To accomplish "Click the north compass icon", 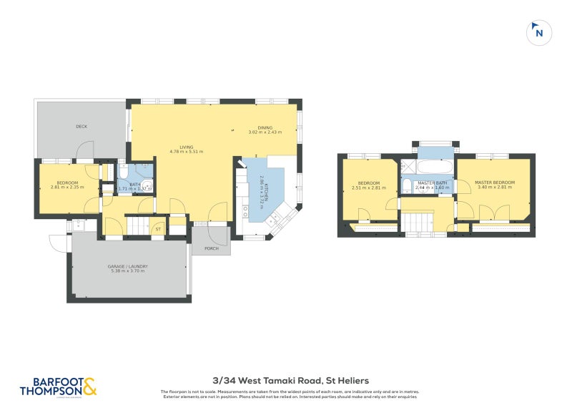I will [539, 32].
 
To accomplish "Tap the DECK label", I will [82, 127].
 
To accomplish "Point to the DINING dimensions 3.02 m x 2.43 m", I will [265, 132].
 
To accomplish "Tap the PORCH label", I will [211, 249].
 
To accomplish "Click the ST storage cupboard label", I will [158, 229].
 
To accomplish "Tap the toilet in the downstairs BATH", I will [123, 172].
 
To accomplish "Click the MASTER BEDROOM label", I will [494, 183].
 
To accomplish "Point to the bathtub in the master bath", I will [435, 168].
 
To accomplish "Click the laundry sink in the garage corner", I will [80, 226].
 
